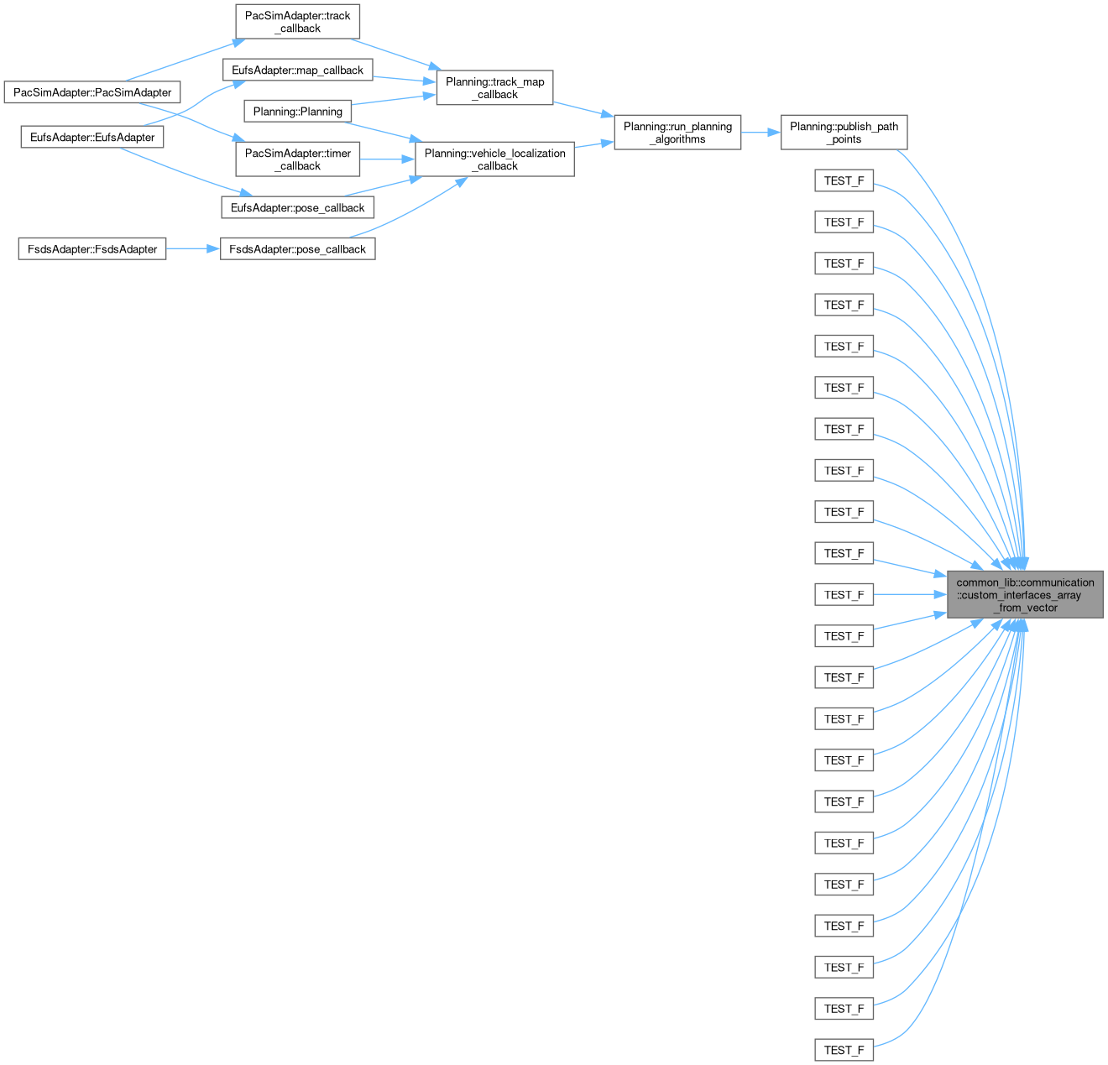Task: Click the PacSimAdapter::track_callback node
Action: point(297,22)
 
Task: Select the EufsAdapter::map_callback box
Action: point(297,70)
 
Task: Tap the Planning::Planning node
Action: point(297,112)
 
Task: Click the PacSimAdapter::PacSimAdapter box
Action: point(92,92)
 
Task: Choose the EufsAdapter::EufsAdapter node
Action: point(92,137)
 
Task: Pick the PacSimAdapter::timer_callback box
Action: point(297,159)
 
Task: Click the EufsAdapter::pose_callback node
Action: point(297,207)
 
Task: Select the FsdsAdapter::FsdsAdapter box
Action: point(92,249)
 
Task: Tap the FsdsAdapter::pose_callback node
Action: point(297,249)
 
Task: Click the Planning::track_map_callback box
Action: point(494,88)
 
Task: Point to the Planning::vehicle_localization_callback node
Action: point(494,159)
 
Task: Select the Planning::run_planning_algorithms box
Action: point(677,133)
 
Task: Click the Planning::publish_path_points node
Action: point(844,133)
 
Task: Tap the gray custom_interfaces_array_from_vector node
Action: point(1025,594)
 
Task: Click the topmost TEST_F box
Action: point(844,180)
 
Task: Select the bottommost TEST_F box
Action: point(844,1050)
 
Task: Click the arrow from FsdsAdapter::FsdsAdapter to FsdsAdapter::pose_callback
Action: point(193,249)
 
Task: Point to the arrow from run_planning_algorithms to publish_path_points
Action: point(760,133)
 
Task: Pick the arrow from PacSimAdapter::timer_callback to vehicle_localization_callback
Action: point(387,159)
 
